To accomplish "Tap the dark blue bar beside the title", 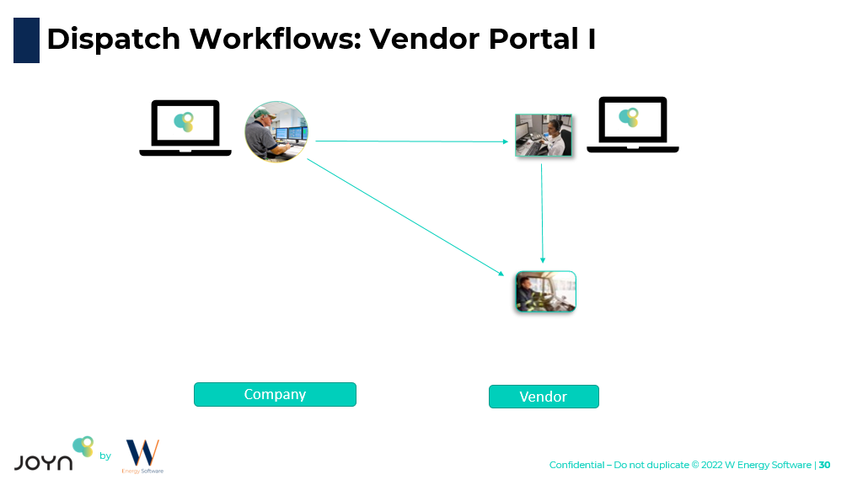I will pos(26,40).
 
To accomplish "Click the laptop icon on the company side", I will pos(185,128).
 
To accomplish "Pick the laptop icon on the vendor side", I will pos(633,125).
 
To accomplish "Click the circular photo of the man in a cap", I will pos(276,131).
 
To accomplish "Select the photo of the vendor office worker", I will pos(544,136).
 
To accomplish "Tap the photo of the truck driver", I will pos(545,291).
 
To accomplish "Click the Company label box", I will pos(275,394).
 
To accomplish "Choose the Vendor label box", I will pos(544,397).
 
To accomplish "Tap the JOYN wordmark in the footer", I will pos(43,461).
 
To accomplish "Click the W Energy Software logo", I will pos(142,456).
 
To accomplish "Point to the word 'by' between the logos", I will pos(105,456).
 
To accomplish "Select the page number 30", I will pos(825,465).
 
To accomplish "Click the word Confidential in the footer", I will pos(576,465).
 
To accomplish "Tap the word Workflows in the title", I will pos(275,39).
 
